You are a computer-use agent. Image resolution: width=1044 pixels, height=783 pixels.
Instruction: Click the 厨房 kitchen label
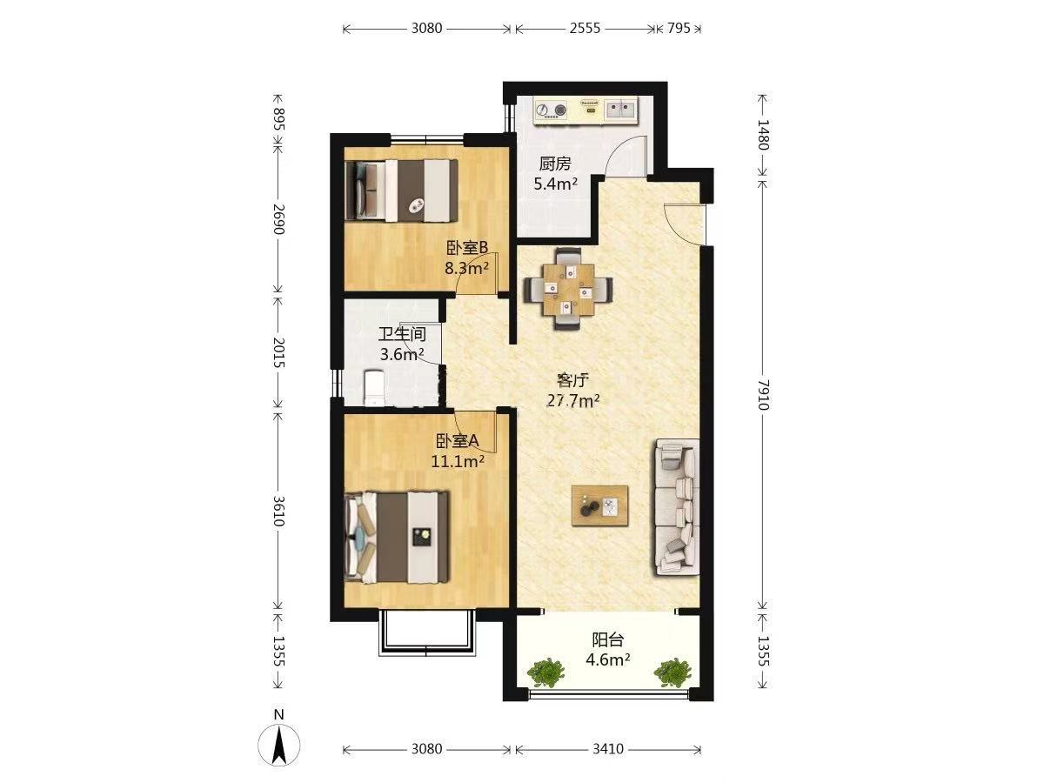[x=554, y=164]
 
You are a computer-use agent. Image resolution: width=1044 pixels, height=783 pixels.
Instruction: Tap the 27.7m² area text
[x=572, y=401]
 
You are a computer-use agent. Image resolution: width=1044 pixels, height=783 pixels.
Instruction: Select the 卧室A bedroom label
[x=457, y=441]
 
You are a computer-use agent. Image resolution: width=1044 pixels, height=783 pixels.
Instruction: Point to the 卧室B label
[x=466, y=248]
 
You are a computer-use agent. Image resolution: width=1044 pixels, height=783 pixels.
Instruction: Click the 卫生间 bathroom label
[x=402, y=334]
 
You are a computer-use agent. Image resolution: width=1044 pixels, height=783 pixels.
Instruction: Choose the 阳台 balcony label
[x=607, y=640]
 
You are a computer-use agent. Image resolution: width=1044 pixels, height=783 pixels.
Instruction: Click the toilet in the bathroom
[x=374, y=388]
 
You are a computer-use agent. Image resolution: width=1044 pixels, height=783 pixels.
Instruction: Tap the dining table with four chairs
[x=568, y=289]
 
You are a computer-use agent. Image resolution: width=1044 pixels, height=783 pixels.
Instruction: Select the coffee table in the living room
[x=599, y=505]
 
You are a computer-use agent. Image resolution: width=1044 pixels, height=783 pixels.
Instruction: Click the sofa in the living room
[x=677, y=507]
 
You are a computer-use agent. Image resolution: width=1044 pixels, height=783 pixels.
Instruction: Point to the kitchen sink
[x=620, y=110]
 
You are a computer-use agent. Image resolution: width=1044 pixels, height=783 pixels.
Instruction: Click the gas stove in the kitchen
[x=551, y=110]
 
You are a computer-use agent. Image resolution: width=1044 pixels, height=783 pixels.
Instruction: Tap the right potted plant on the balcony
[x=672, y=672]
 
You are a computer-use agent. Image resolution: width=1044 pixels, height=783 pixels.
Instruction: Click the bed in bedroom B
[x=401, y=191]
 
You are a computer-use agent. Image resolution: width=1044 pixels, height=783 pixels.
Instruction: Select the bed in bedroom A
[x=397, y=538]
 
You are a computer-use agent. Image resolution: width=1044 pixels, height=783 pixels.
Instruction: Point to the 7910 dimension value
[x=762, y=395]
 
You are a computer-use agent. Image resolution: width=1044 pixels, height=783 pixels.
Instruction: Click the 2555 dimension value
[x=585, y=29]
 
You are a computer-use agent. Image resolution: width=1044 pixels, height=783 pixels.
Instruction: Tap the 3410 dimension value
[x=608, y=749]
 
